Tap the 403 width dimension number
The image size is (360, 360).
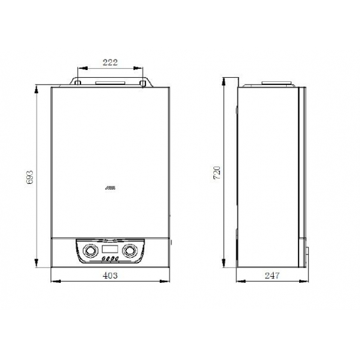pos(111,276)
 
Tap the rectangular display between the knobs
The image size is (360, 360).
pos(111,249)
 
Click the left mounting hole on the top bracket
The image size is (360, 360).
pos(77,83)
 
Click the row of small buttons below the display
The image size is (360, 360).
pos(111,258)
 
